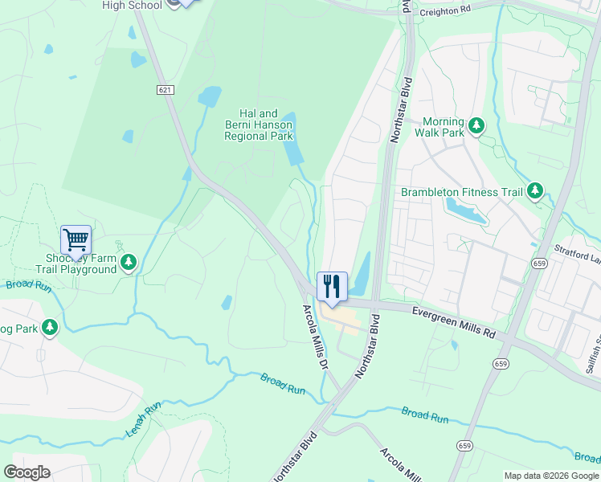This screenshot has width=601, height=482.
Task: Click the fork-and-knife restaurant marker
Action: [332, 286]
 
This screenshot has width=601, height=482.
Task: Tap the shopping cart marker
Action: [76, 239]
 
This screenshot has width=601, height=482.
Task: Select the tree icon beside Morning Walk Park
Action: [477, 125]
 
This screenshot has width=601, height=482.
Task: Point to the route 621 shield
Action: [166, 91]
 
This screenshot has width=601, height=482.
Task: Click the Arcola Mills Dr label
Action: [317, 336]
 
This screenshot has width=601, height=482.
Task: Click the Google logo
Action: [27, 472]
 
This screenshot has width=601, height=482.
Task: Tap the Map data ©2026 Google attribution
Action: [551, 476]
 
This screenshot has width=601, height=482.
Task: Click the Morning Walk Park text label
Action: [438, 126]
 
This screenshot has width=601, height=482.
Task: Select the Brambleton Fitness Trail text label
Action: [462, 192]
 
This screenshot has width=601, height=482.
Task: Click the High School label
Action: [133, 5]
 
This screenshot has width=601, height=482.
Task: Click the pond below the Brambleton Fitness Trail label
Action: [465, 211]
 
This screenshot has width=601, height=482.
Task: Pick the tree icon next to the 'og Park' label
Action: [50, 327]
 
